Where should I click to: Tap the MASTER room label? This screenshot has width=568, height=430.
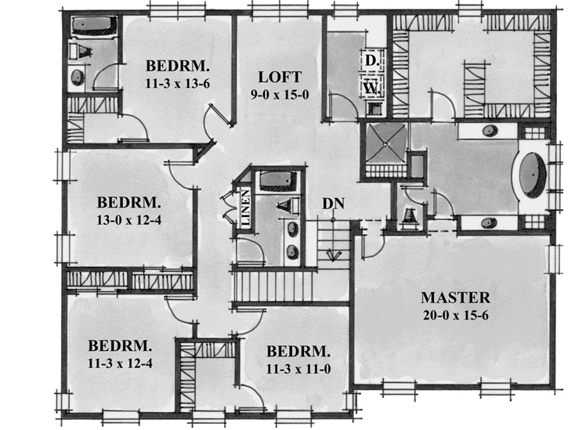[x=455, y=298]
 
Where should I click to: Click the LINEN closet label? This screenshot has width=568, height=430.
[x=245, y=208]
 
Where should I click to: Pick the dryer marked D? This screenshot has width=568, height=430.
[x=370, y=60]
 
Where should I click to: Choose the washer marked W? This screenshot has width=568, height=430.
[x=371, y=88]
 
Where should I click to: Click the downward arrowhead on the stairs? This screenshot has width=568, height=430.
[x=334, y=255]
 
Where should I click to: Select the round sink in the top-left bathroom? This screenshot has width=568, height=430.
[x=78, y=78]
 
